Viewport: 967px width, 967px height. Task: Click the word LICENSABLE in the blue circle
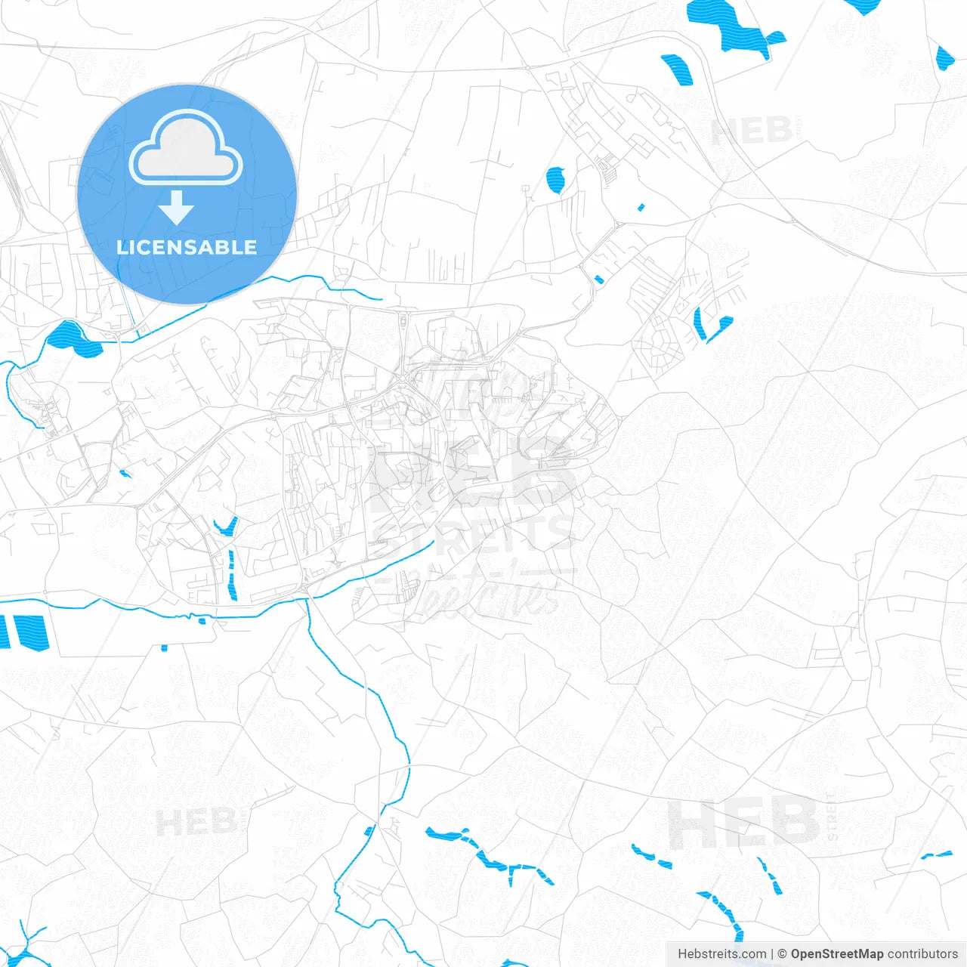coord(187,247)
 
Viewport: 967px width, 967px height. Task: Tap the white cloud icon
coord(186,150)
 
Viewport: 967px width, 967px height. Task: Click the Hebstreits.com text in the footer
coord(721,954)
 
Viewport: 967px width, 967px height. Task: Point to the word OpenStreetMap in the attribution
coord(837,954)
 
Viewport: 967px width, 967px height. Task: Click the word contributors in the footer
coord(922,954)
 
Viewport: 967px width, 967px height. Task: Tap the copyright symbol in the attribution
coord(782,954)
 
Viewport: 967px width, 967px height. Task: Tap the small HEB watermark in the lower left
coord(196,822)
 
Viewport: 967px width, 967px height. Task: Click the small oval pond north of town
coord(555,180)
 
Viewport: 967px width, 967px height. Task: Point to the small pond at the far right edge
coord(944,57)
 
